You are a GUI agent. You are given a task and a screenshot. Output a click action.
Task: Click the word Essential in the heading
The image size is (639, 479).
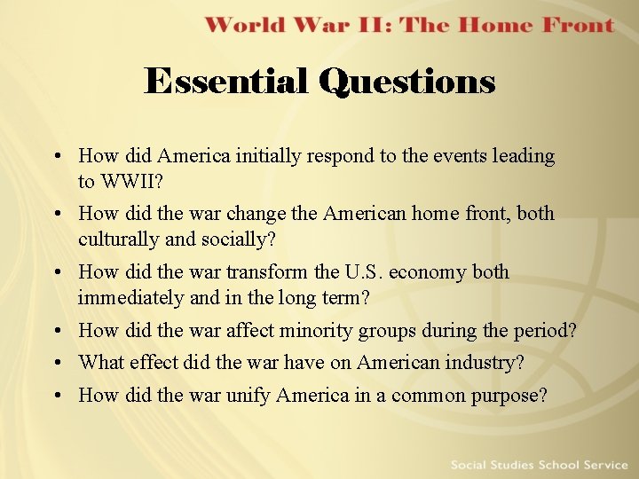pyautogui.click(x=225, y=82)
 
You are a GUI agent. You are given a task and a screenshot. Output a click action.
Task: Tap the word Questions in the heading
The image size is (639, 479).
pyautogui.click(x=406, y=82)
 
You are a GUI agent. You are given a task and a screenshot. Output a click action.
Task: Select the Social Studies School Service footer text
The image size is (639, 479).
pyautogui.click(x=538, y=465)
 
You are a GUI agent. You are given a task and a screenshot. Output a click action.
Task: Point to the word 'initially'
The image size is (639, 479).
pyautogui.click(x=272, y=156)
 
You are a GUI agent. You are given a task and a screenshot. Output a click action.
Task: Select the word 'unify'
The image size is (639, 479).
pyautogui.click(x=248, y=395)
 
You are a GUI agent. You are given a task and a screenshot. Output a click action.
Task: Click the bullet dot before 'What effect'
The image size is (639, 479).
pyautogui.click(x=56, y=364)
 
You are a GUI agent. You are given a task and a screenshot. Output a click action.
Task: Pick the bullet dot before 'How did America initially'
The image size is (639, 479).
pyautogui.click(x=56, y=157)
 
